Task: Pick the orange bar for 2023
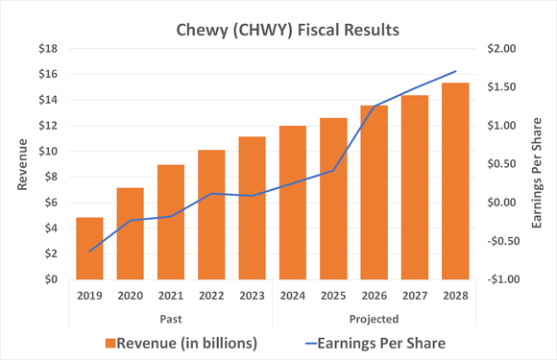click(x=253, y=207)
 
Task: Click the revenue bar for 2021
click(x=171, y=222)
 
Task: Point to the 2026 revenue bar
click(x=375, y=192)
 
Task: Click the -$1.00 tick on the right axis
click(x=501, y=279)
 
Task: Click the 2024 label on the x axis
click(x=293, y=297)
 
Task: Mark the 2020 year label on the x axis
click(x=131, y=297)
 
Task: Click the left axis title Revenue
click(x=21, y=164)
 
